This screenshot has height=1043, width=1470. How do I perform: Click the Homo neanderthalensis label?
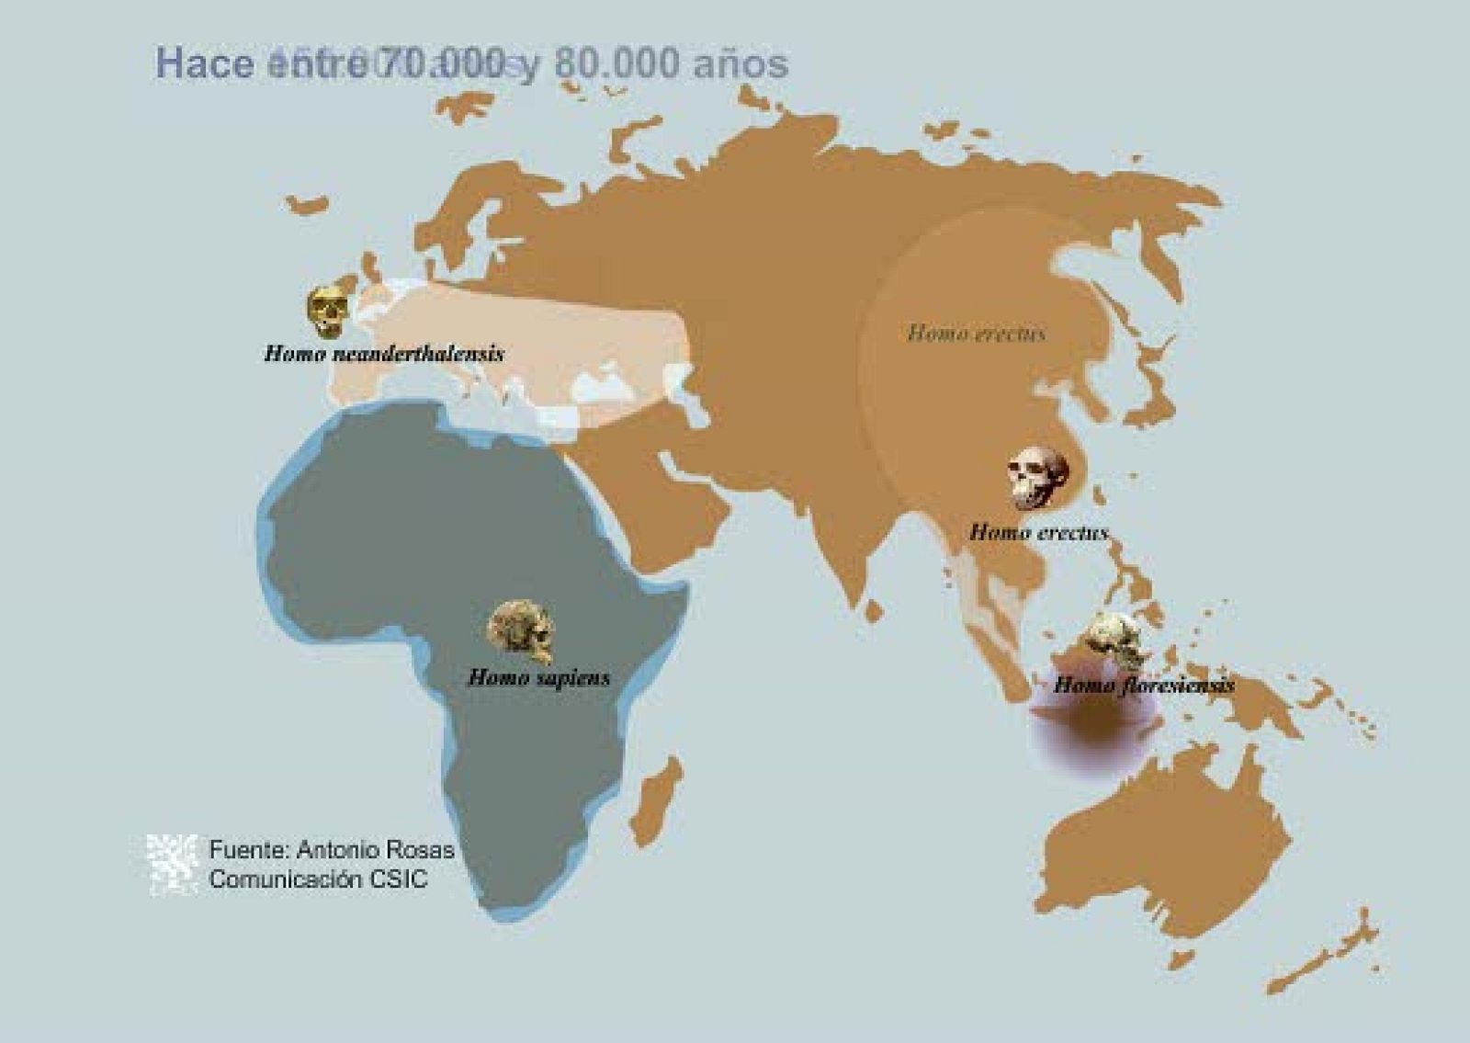click(x=384, y=354)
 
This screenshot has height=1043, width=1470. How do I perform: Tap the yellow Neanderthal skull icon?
click(x=328, y=311)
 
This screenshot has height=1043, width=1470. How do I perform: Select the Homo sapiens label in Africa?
click(x=539, y=678)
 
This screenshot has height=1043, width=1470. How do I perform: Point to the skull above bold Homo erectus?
click(x=1039, y=479)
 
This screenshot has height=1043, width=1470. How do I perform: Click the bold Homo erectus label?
click(x=1038, y=532)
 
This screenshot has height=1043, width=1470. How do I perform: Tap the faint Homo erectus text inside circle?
click(x=976, y=334)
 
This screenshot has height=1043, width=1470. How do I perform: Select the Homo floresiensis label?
click(x=1143, y=685)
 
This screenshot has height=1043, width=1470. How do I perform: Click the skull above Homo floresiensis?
click(x=1114, y=640)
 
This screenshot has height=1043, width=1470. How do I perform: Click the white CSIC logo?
click(x=173, y=863)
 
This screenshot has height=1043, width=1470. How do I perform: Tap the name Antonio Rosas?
click(x=375, y=850)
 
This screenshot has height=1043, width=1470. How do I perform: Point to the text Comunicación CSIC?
click(x=318, y=879)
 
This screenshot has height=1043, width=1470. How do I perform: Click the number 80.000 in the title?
click(x=617, y=62)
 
